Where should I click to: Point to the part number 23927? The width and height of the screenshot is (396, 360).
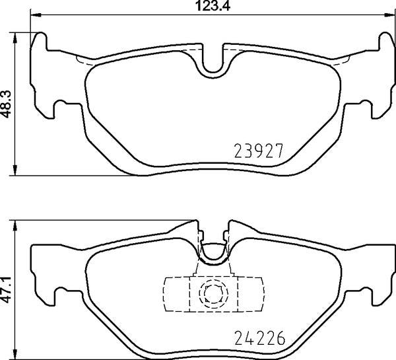tap(259, 151)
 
